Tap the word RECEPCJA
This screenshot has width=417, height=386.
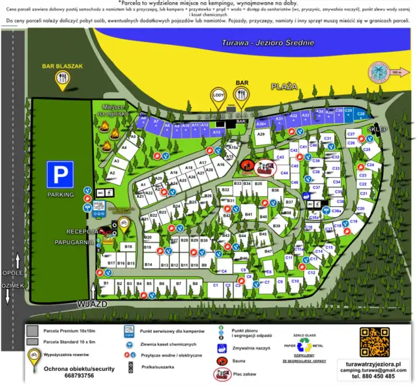[81, 231]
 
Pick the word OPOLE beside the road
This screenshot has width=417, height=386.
[12, 273]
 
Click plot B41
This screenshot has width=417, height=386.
[248, 214]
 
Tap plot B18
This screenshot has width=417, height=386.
[128, 247]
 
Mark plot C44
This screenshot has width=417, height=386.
[284, 173]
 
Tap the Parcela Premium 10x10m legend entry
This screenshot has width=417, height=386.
[68, 331]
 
